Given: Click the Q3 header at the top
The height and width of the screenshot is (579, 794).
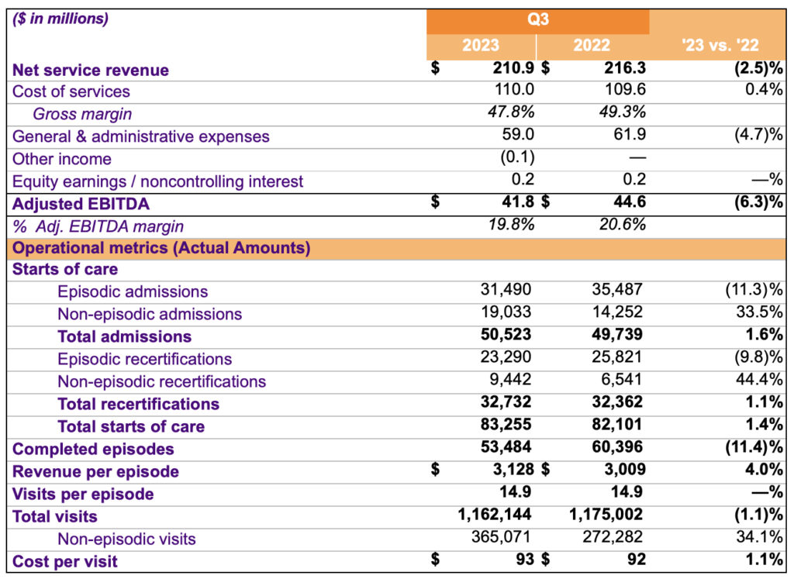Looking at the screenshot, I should (538, 21).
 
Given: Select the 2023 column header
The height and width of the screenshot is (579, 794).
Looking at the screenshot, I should (481, 46).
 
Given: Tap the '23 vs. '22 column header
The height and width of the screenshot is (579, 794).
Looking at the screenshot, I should (720, 46).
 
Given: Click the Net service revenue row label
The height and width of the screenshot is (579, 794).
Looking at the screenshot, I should (91, 70).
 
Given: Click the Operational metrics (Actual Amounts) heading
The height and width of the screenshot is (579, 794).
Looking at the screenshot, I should (162, 249).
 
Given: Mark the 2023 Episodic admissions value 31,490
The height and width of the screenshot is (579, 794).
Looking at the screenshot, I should (508, 291).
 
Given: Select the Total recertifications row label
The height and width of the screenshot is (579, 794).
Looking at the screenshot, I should (138, 404).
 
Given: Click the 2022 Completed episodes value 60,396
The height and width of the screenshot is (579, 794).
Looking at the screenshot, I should (620, 449).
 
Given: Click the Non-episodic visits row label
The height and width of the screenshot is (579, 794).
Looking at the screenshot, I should (126, 539).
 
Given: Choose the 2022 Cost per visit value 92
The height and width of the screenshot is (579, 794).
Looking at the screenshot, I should (635, 560).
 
